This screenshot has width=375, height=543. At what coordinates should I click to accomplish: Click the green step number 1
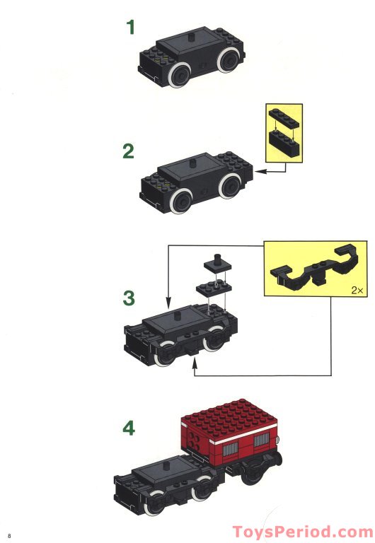coord(130,28)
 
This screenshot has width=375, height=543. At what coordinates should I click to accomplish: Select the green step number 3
coord(128,298)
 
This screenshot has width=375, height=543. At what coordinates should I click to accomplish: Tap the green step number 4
coord(128,428)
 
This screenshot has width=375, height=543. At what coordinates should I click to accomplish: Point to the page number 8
coord(9,532)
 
